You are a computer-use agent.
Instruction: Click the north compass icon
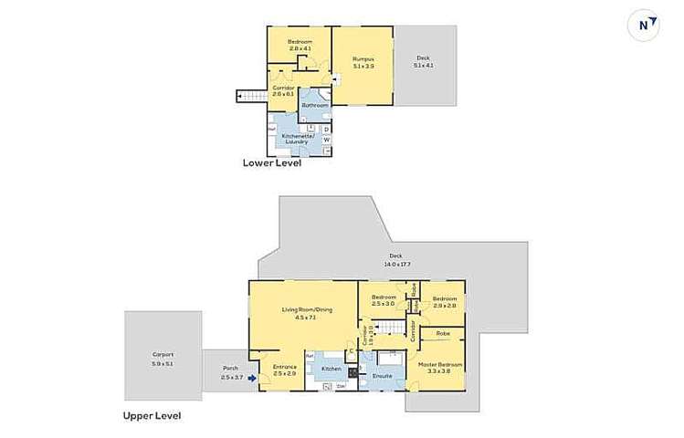coord(647,26)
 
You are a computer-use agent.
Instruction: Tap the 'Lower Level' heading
coord(271,164)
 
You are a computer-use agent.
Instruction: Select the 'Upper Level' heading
coord(152,415)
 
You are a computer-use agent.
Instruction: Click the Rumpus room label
coord(363,63)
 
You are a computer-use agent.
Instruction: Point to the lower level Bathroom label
coord(315,105)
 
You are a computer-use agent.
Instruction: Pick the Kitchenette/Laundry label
coord(298,139)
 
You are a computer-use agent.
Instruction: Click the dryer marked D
coord(326,129)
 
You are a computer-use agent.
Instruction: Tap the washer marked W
coord(326,140)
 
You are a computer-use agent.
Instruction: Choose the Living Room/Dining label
coord(300,313)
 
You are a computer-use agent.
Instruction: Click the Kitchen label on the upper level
coord(331,369)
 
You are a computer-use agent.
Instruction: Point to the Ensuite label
coord(382,375)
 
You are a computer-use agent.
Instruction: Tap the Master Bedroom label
coord(441,367)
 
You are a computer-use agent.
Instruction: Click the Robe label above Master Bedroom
coord(442,333)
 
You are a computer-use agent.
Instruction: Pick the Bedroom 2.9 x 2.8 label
coord(445,301)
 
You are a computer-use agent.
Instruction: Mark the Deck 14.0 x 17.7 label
coord(395,259)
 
